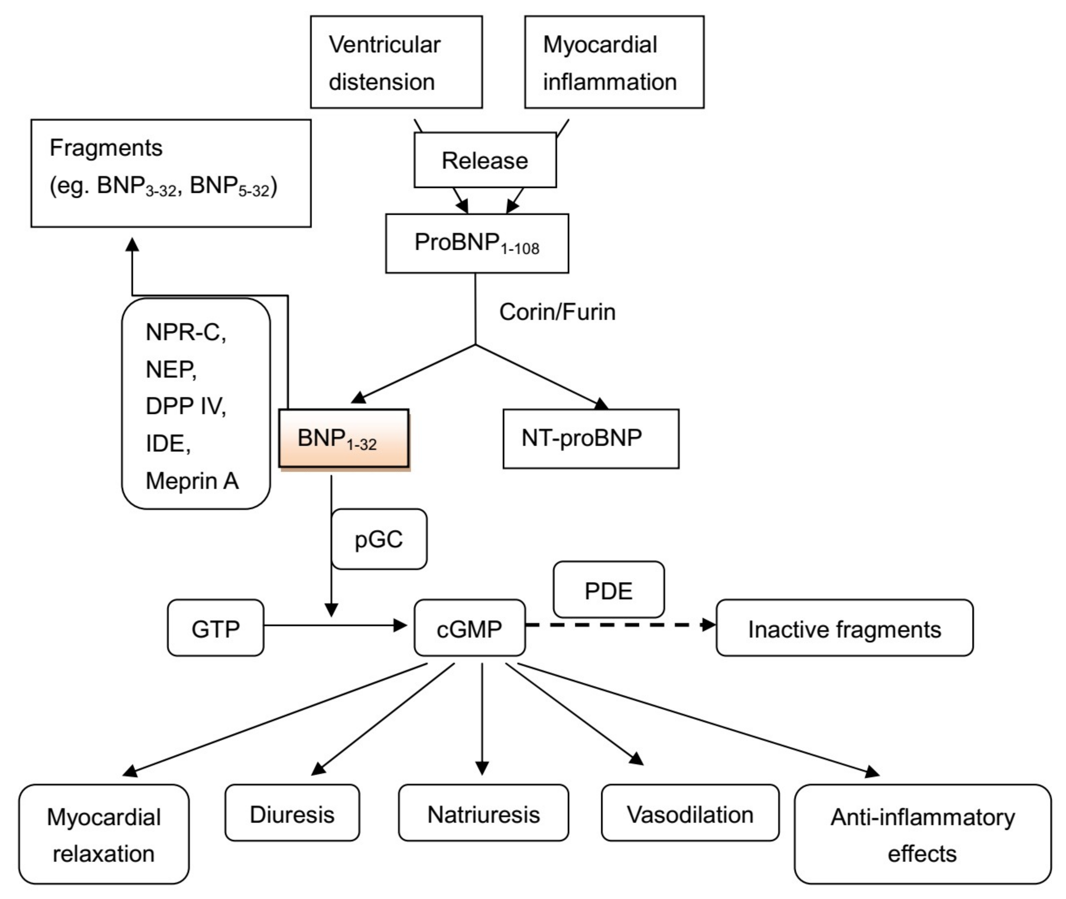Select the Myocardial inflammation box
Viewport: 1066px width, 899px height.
(x=614, y=62)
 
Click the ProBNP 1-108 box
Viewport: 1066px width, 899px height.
(x=476, y=243)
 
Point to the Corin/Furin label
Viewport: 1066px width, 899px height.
(x=557, y=312)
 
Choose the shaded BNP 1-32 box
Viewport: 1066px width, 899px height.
(x=343, y=438)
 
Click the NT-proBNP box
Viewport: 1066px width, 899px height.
(x=590, y=438)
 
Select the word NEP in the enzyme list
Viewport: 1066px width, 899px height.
(x=171, y=369)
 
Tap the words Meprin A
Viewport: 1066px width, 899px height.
(x=192, y=481)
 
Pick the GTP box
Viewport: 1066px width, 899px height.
(x=215, y=628)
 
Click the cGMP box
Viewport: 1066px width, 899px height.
(x=469, y=628)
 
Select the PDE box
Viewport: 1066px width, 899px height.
(x=609, y=590)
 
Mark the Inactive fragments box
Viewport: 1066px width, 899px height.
(x=844, y=628)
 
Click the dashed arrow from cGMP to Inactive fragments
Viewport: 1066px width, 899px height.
(x=616, y=624)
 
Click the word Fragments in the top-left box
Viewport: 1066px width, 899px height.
(x=106, y=148)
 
